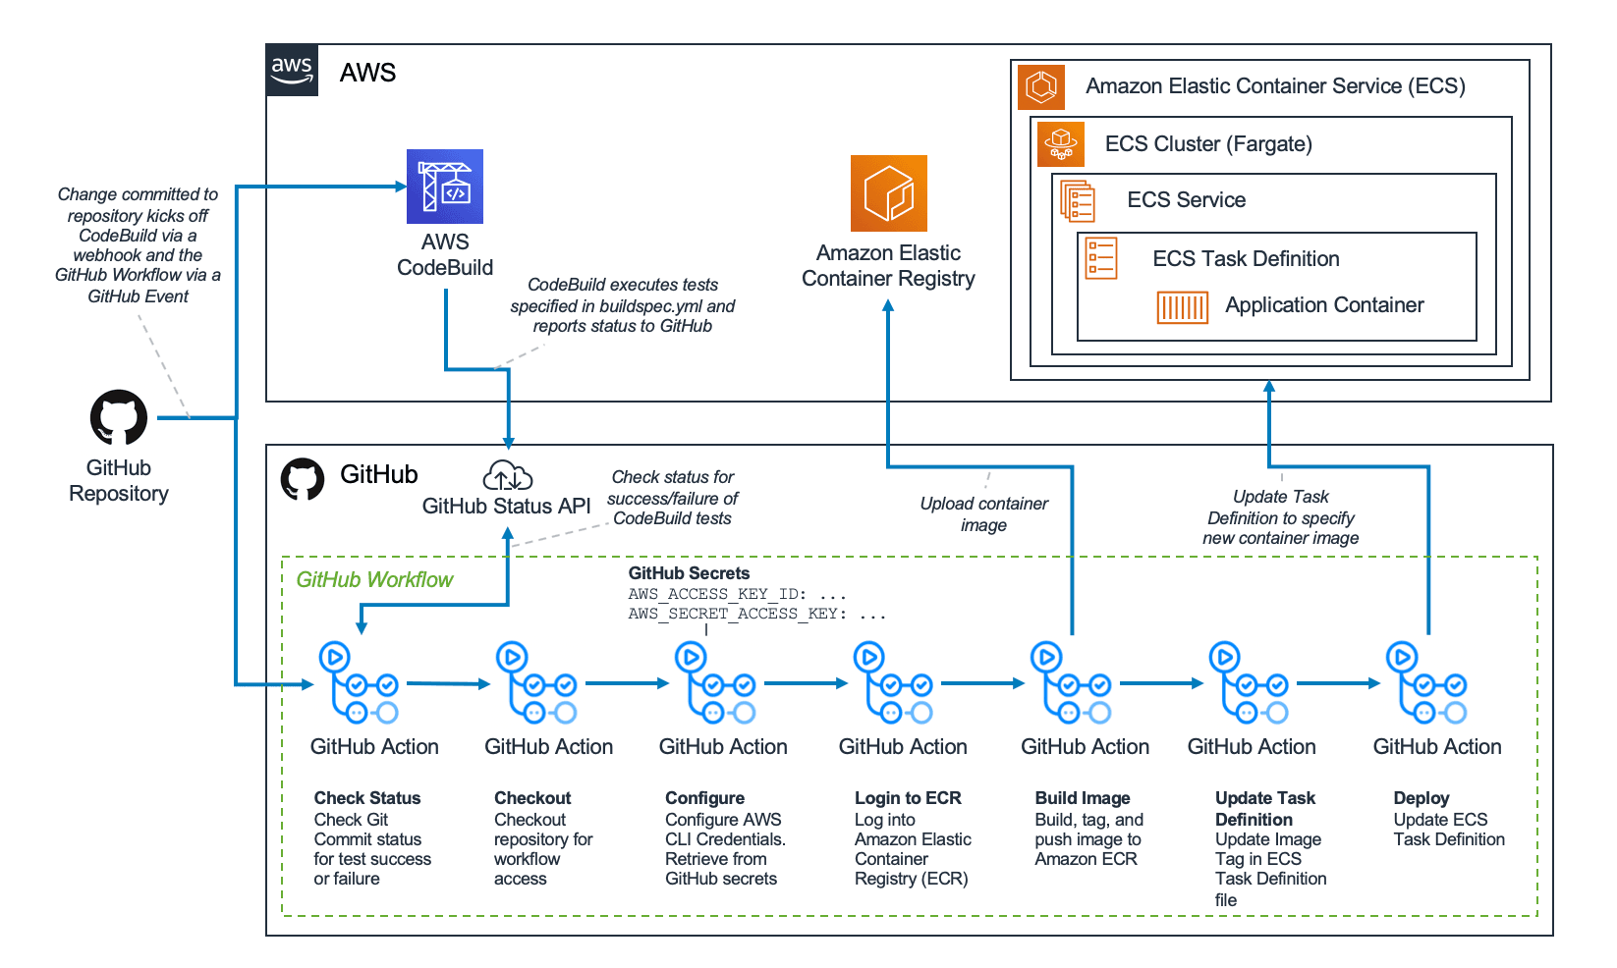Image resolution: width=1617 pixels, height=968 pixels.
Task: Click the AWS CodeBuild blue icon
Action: point(444,187)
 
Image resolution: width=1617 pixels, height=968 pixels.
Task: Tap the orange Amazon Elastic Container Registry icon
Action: point(888,193)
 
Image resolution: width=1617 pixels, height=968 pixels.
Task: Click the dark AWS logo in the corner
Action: point(292,70)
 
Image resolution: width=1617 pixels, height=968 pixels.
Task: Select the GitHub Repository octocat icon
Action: point(119,417)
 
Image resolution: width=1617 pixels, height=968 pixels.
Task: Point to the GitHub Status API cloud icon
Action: point(507,476)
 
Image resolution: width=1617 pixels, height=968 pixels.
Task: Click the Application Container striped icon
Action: point(1182,307)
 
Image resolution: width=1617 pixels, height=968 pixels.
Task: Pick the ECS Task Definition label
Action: point(1246,259)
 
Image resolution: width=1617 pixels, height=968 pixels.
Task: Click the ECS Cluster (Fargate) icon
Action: point(1061,144)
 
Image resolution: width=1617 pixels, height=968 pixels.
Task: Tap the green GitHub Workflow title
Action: point(374,580)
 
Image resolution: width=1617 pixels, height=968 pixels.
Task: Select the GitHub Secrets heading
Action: point(689,573)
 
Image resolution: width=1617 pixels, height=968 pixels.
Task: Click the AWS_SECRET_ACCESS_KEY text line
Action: point(756,615)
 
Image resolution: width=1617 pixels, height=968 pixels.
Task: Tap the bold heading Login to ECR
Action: point(908,798)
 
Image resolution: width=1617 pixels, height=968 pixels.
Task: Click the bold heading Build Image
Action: point(1082,798)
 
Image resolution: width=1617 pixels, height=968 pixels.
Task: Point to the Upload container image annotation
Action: point(983,514)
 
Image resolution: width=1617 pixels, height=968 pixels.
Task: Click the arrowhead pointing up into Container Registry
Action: point(888,306)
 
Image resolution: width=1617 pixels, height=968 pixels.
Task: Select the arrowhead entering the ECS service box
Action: point(1269,388)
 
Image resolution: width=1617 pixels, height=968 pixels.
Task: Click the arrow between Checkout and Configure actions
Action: point(627,683)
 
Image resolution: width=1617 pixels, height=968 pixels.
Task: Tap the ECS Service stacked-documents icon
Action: point(1078,201)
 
